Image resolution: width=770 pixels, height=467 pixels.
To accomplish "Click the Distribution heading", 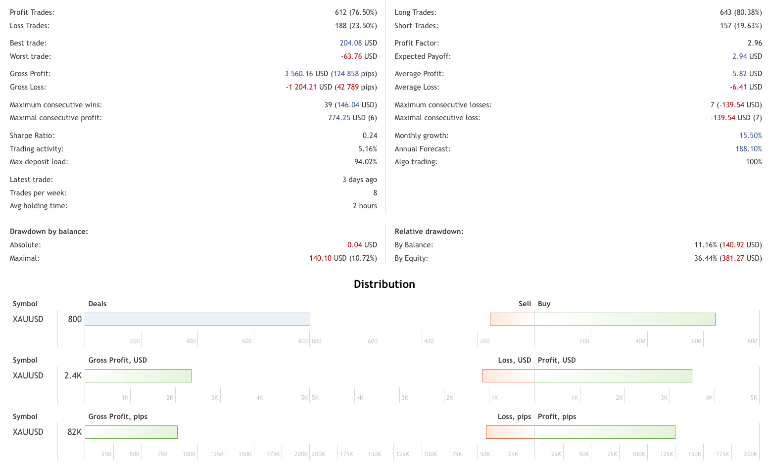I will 384,284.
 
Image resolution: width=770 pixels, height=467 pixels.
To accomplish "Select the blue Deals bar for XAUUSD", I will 197,319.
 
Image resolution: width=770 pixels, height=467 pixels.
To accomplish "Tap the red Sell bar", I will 512,319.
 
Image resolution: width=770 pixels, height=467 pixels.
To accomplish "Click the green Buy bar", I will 625,319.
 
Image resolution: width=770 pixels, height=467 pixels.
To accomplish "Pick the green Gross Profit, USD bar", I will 138,375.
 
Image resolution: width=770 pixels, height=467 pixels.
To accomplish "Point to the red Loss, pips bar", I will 510,432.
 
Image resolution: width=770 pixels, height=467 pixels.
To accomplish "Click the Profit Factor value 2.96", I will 755,43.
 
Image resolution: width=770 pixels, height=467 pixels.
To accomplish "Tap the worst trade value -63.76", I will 351,56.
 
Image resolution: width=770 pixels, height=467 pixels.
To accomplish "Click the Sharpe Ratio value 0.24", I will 370,136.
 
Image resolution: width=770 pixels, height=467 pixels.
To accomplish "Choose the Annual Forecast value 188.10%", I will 748,149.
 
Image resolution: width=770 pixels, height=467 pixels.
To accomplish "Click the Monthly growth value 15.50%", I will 750,136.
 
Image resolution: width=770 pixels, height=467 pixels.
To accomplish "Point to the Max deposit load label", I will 39,162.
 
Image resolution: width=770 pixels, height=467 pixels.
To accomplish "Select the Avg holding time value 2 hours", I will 365,206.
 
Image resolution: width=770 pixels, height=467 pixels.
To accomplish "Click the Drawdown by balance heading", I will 49,232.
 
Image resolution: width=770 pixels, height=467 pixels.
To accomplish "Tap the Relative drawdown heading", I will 429,232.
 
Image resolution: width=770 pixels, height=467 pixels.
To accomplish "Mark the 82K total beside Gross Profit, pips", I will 74,432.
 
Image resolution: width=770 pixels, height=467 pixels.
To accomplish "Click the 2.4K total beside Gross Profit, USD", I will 73,375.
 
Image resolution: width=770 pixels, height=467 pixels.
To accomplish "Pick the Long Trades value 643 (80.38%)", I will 741,12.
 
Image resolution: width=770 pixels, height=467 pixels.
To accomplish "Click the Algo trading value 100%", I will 754,162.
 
